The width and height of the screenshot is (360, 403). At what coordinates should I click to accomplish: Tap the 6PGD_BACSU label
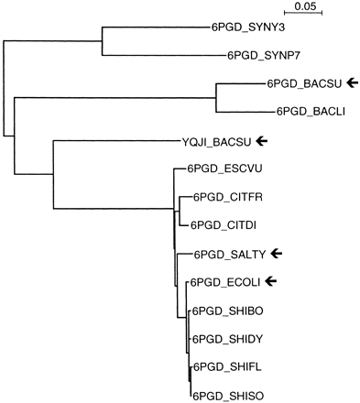click(x=304, y=83)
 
